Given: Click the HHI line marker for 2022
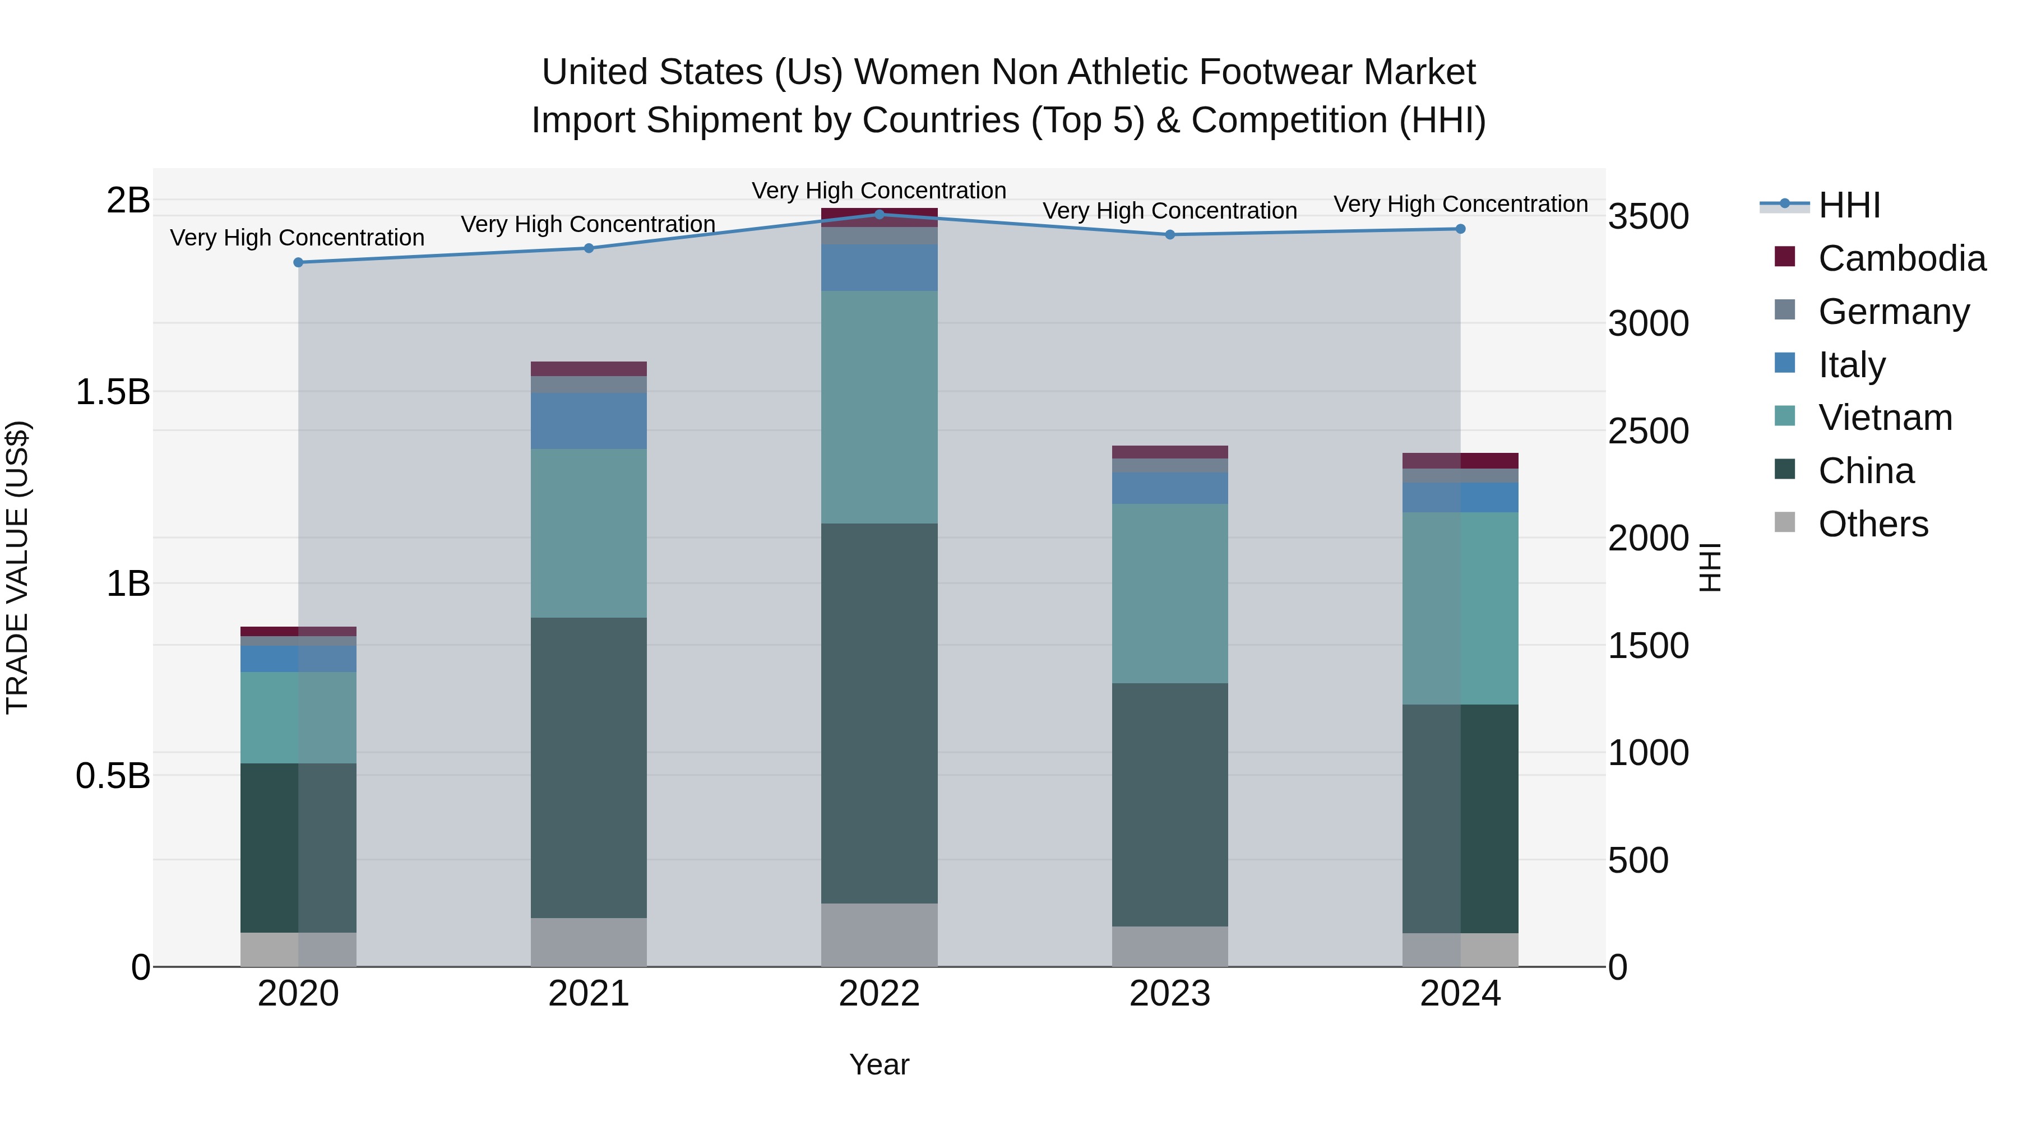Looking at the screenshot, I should tap(879, 214).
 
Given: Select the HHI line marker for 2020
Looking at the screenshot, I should tap(298, 262).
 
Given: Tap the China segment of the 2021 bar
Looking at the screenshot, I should tap(589, 768).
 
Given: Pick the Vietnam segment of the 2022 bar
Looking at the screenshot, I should tap(879, 407).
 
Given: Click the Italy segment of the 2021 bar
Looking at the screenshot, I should tap(589, 420).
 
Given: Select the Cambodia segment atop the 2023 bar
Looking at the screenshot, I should tap(1169, 452).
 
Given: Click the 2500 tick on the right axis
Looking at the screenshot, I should tap(1648, 432).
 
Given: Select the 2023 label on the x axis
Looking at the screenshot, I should tap(1169, 994).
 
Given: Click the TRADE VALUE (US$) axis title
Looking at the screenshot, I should tap(17, 567).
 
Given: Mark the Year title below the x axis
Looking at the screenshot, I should tap(879, 1064).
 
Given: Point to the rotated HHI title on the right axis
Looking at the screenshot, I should tap(1710, 567).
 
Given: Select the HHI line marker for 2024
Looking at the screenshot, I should tap(1460, 229).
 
